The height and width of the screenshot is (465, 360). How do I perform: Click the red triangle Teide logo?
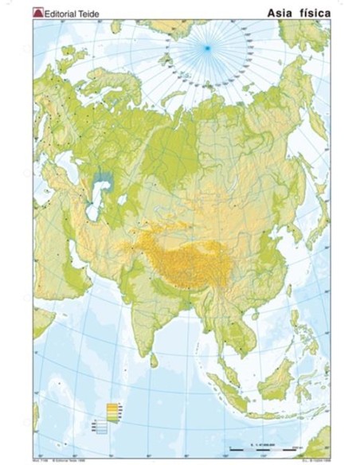tap(36, 11)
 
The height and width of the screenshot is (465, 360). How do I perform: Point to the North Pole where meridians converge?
tap(207, 49)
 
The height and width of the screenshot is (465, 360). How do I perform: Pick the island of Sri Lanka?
tap(153, 360)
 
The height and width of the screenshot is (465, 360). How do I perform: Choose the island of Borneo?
tap(275, 382)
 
